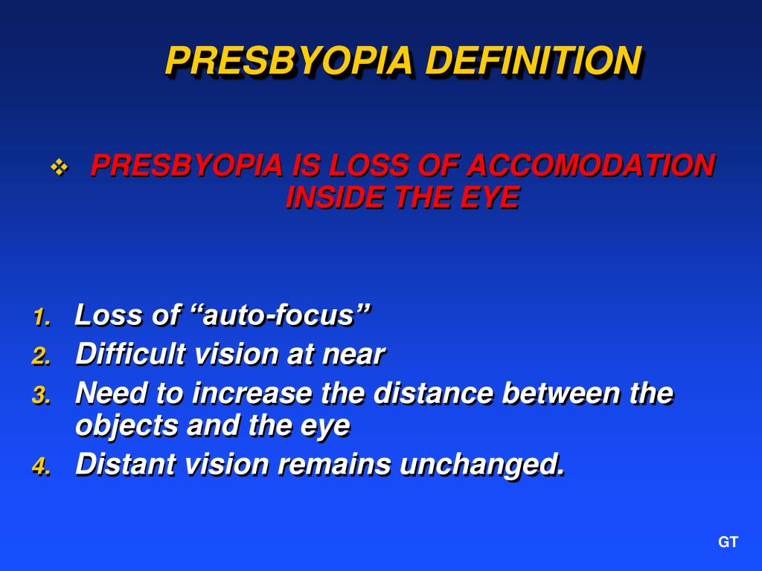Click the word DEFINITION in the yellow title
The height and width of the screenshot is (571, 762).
click(533, 61)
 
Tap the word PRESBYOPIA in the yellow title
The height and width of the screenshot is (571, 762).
click(289, 61)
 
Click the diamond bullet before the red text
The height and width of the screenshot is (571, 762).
click(59, 168)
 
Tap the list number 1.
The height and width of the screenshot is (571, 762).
click(41, 318)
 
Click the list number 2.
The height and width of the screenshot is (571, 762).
click(41, 357)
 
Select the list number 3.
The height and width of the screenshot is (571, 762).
click(41, 396)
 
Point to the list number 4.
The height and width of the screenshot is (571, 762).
click(41, 467)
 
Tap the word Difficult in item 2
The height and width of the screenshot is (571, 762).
click(130, 355)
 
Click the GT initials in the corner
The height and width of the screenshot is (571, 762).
click(728, 543)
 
